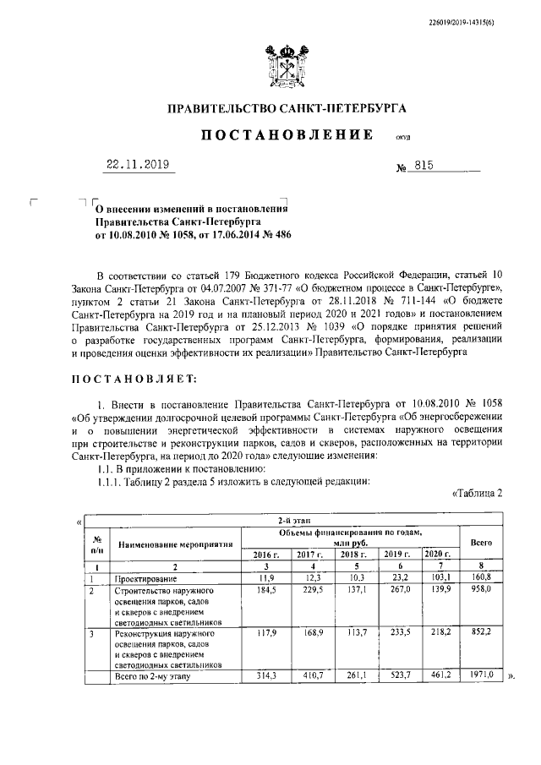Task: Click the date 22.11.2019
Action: click(138, 166)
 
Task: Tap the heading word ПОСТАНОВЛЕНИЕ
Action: click(287, 135)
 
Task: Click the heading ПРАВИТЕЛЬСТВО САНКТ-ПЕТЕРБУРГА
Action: click(287, 108)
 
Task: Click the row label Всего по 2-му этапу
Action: click(153, 677)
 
